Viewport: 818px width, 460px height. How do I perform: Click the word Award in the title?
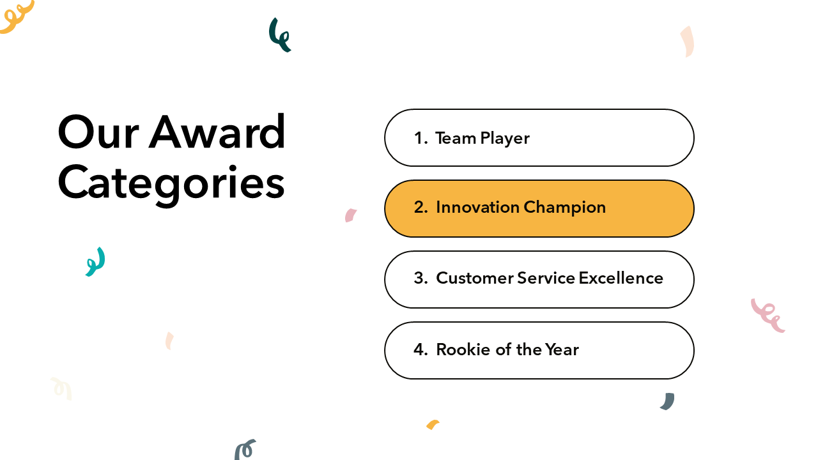[x=217, y=132]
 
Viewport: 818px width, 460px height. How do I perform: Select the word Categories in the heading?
[x=171, y=185]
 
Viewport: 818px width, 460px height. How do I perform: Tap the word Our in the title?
[x=98, y=132]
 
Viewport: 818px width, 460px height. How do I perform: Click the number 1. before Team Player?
[x=421, y=138]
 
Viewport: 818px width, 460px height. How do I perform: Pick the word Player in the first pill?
[x=505, y=139]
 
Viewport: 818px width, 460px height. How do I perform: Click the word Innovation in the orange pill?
[x=477, y=207]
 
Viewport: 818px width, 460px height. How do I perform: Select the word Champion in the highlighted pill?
[x=565, y=208]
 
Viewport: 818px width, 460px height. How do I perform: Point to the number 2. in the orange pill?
[x=421, y=207]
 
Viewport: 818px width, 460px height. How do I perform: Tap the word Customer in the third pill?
[x=475, y=278]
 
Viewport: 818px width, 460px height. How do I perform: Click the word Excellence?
[x=621, y=278]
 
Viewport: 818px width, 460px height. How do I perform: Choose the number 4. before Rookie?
[x=421, y=349]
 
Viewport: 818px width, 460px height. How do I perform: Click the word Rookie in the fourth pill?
[x=463, y=349]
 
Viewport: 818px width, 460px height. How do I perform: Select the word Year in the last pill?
[x=562, y=349]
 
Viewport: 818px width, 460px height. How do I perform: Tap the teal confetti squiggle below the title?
[x=96, y=262]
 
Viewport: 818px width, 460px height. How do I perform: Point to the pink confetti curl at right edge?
[x=767, y=316]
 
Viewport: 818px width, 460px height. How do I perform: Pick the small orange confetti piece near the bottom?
[x=433, y=425]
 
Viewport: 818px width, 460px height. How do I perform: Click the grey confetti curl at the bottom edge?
[x=244, y=450]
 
